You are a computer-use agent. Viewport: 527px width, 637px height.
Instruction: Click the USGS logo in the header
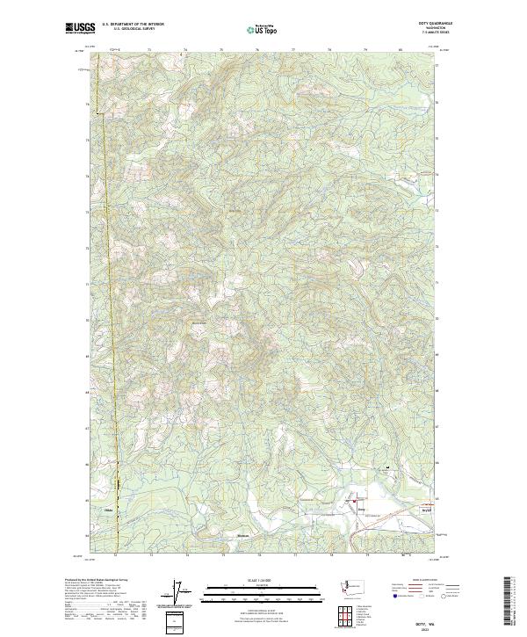[x=80, y=28]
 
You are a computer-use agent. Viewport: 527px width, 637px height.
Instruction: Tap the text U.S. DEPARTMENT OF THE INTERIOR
[x=133, y=25]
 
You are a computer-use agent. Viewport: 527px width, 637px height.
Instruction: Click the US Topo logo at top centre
[x=263, y=29]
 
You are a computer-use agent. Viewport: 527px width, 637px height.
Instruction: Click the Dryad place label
[x=427, y=509]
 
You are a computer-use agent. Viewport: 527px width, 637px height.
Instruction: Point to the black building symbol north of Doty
[x=386, y=467]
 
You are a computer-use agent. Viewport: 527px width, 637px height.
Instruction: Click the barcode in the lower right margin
[x=509, y=601]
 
